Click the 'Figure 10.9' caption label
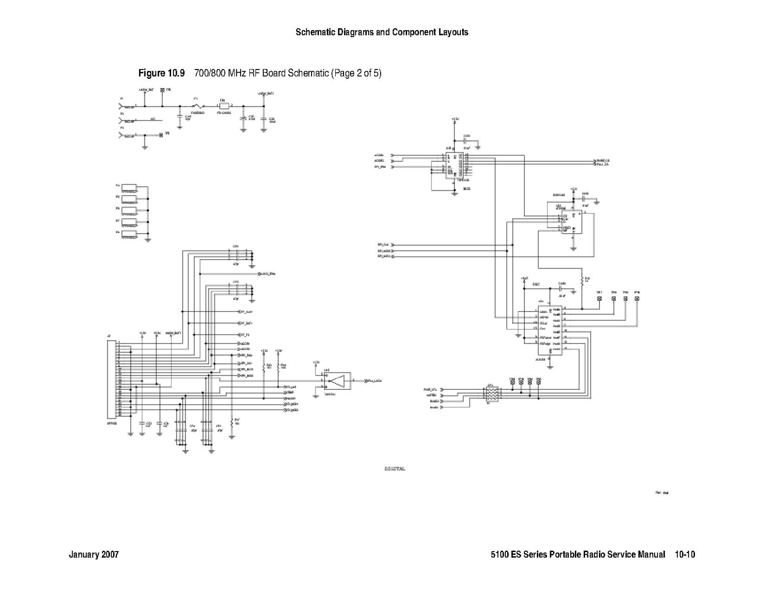(161, 73)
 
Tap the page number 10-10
(685, 555)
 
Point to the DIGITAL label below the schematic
(395, 469)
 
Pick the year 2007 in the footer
(110, 555)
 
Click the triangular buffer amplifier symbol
(338, 381)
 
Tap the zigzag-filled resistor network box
(492, 394)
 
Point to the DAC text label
(537, 284)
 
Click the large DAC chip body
(550, 330)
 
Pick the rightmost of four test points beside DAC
(637, 299)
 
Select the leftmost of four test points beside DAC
(600, 299)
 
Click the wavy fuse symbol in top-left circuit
(199, 106)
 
